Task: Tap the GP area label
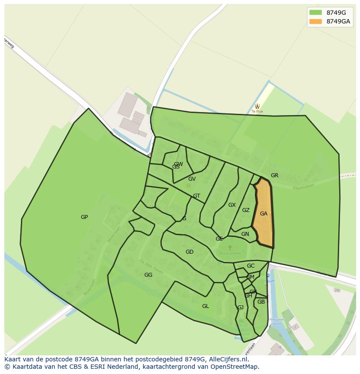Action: pos(84,217)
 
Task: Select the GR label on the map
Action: pos(274,175)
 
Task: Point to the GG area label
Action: pos(148,275)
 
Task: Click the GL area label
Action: pos(206,306)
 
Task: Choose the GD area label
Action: pos(190,252)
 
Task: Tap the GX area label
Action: pos(232,205)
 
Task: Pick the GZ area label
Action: pos(246,210)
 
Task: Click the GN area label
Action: pos(245,234)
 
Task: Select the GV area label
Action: pos(192,179)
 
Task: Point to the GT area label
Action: pos(197,196)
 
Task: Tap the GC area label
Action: pos(250,266)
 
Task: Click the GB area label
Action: pos(261,302)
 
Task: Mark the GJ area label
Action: pos(240,308)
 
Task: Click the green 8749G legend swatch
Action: pos(315,13)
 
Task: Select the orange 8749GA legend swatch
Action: pos(315,21)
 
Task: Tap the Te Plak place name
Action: pos(257,112)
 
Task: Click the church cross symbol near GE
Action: pos(230,248)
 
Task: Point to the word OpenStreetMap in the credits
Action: pos(234,367)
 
